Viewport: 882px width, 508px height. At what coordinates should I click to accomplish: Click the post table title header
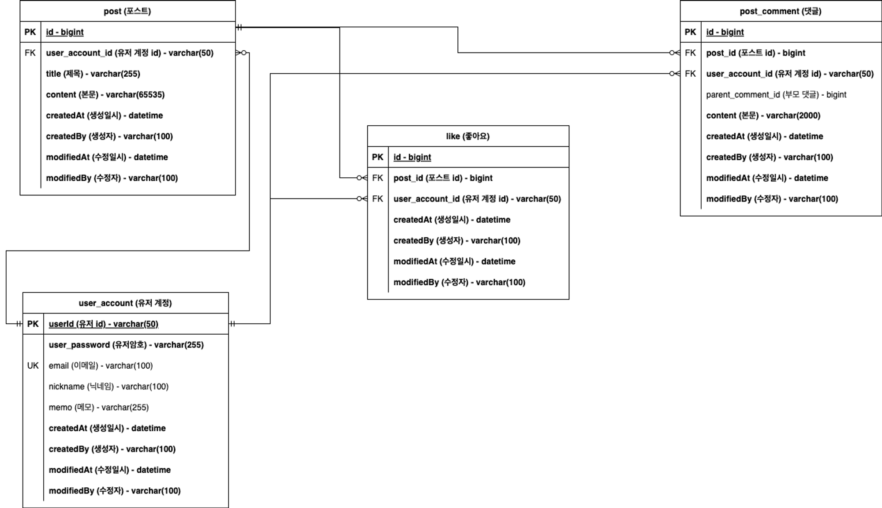click(x=127, y=11)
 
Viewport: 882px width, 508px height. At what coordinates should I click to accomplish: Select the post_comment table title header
click(x=780, y=11)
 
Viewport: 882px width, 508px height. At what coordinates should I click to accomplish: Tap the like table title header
click(x=467, y=136)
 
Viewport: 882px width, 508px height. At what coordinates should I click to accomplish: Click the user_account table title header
click(x=125, y=303)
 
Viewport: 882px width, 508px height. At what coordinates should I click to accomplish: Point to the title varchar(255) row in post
click(x=93, y=74)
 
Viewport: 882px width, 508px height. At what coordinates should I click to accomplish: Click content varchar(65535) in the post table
click(x=105, y=94)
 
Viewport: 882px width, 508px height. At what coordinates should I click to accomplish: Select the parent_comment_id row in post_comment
click(x=776, y=94)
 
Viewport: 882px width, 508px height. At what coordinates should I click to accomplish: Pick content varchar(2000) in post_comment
click(x=763, y=116)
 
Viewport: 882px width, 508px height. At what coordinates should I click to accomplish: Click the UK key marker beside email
click(x=33, y=366)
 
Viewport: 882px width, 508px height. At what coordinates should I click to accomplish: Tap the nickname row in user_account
click(x=108, y=386)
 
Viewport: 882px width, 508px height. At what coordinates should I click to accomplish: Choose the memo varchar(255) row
click(x=98, y=407)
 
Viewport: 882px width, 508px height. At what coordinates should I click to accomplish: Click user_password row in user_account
click(x=126, y=345)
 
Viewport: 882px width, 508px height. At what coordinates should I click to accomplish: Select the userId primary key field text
click(x=103, y=324)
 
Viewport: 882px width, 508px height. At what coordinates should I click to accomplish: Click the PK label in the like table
click(x=377, y=157)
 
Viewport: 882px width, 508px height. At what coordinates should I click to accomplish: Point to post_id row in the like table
click(x=443, y=178)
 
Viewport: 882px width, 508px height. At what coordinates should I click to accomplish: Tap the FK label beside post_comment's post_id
click(x=690, y=53)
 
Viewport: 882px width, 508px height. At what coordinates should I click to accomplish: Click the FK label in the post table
click(x=30, y=53)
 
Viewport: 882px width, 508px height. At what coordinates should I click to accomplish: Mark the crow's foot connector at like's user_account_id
click(x=362, y=199)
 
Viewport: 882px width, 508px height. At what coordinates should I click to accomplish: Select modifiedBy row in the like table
click(x=459, y=282)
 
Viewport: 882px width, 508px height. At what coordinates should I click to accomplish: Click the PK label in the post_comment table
click(x=690, y=32)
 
